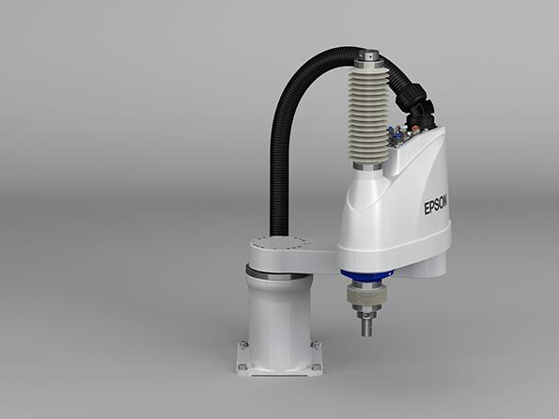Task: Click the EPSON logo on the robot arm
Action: tap(436, 206)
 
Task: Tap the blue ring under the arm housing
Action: tap(366, 275)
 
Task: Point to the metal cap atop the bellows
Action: tap(368, 58)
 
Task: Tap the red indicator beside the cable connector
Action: tap(414, 128)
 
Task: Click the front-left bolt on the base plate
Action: tap(242, 366)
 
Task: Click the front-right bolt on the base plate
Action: tap(317, 367)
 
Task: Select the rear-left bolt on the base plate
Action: tap(244, 344)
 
